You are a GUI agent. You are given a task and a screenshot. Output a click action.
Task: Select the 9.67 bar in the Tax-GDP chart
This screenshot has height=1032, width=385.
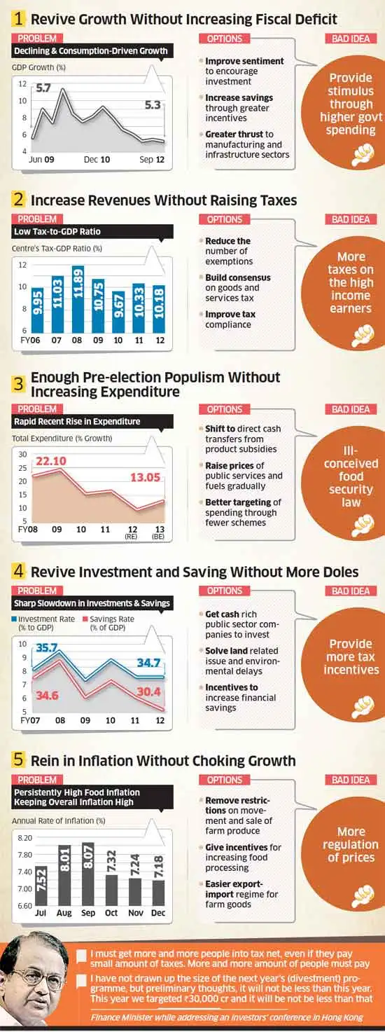[x=118, y=312]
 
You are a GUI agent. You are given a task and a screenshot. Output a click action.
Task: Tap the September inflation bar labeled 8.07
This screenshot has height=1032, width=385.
[x=88, y=874]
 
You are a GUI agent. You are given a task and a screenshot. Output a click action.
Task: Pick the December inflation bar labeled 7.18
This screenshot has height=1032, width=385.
[x=159, y=885]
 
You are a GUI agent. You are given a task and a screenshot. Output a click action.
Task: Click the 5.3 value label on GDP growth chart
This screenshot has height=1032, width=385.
[x=152, y=105]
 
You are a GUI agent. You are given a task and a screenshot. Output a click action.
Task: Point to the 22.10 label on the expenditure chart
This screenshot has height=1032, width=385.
[x=50, y=460]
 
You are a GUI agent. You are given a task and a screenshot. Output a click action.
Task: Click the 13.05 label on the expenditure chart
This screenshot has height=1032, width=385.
[x=145, y=477]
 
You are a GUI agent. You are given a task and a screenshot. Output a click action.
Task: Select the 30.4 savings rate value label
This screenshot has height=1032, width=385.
[x=148, y=692]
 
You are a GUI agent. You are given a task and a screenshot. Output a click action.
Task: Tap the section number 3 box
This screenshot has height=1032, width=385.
[x=19, y=383]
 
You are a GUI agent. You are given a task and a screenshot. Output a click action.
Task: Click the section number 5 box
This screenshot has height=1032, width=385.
[x=19, y=760]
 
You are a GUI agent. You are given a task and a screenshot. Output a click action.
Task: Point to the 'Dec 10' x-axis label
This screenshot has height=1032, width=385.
[x=97, y=160]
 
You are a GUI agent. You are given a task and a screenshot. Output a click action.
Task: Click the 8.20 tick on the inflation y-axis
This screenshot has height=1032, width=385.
[x=24, y=838]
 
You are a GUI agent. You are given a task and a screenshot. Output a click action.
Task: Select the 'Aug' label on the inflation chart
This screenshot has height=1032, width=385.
[x=64, y=913]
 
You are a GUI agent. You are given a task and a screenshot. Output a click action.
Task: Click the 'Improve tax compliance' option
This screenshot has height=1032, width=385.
[x=230, y=319]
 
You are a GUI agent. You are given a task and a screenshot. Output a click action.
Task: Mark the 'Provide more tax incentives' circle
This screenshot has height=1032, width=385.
[x=351, y=657]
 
